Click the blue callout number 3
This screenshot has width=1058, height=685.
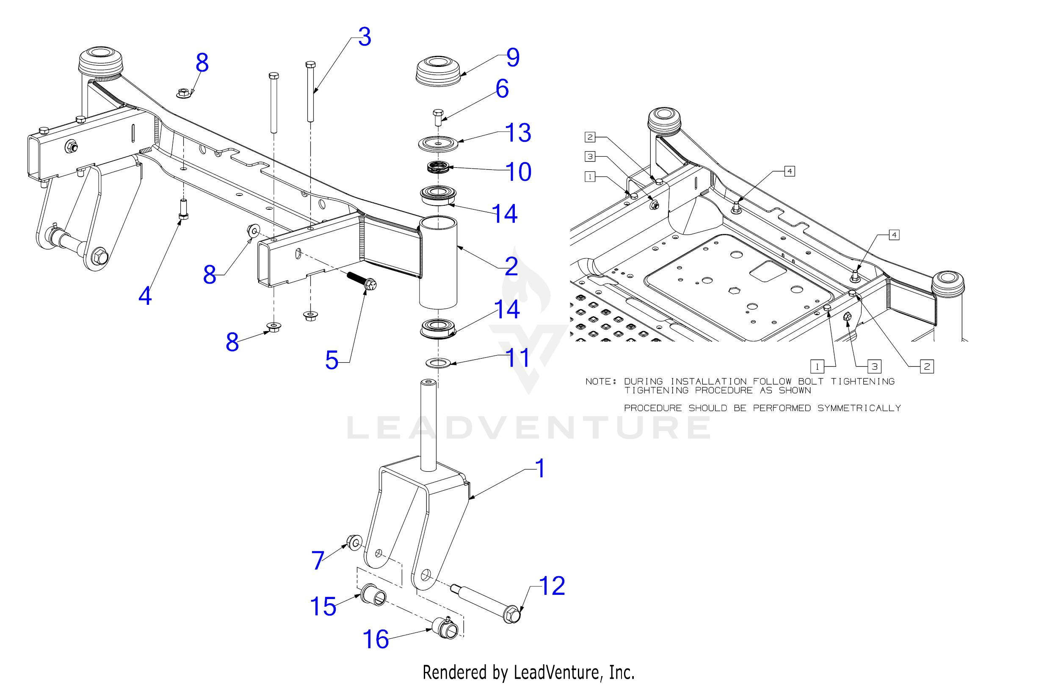click(x=365, y=37)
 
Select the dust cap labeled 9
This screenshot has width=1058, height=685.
click(x=438, y=71)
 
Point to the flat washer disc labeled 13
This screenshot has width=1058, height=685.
click(x=438, y=144)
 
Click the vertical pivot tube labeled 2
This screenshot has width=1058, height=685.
click(x=438, y=262)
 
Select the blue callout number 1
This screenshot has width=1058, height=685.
click(x=540, y=469)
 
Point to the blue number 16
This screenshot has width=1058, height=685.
click(x=376, y=639)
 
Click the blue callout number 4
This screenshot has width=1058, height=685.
click(x=145, y=296)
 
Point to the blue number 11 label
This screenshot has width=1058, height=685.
click(x=518, y=357)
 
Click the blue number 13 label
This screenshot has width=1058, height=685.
click(x=518, y=133)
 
